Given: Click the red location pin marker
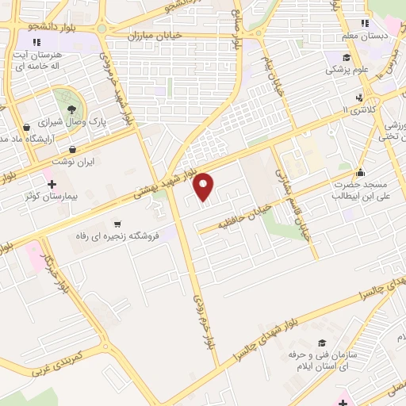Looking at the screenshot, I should click(x=204, y=186).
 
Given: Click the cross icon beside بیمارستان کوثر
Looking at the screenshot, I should click(x=52, y=183).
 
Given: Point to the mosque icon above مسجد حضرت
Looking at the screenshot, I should click(x=361, y=171).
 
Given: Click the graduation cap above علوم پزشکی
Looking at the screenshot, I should click(x=347, y=57).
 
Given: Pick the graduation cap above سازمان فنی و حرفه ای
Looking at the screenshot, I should click(x=321, y=343).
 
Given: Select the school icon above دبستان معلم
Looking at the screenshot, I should click(x=365, y=24).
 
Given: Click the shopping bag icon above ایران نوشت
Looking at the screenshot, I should click(x=73, y=148).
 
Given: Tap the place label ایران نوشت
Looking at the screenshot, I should click(x=74, y=161).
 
